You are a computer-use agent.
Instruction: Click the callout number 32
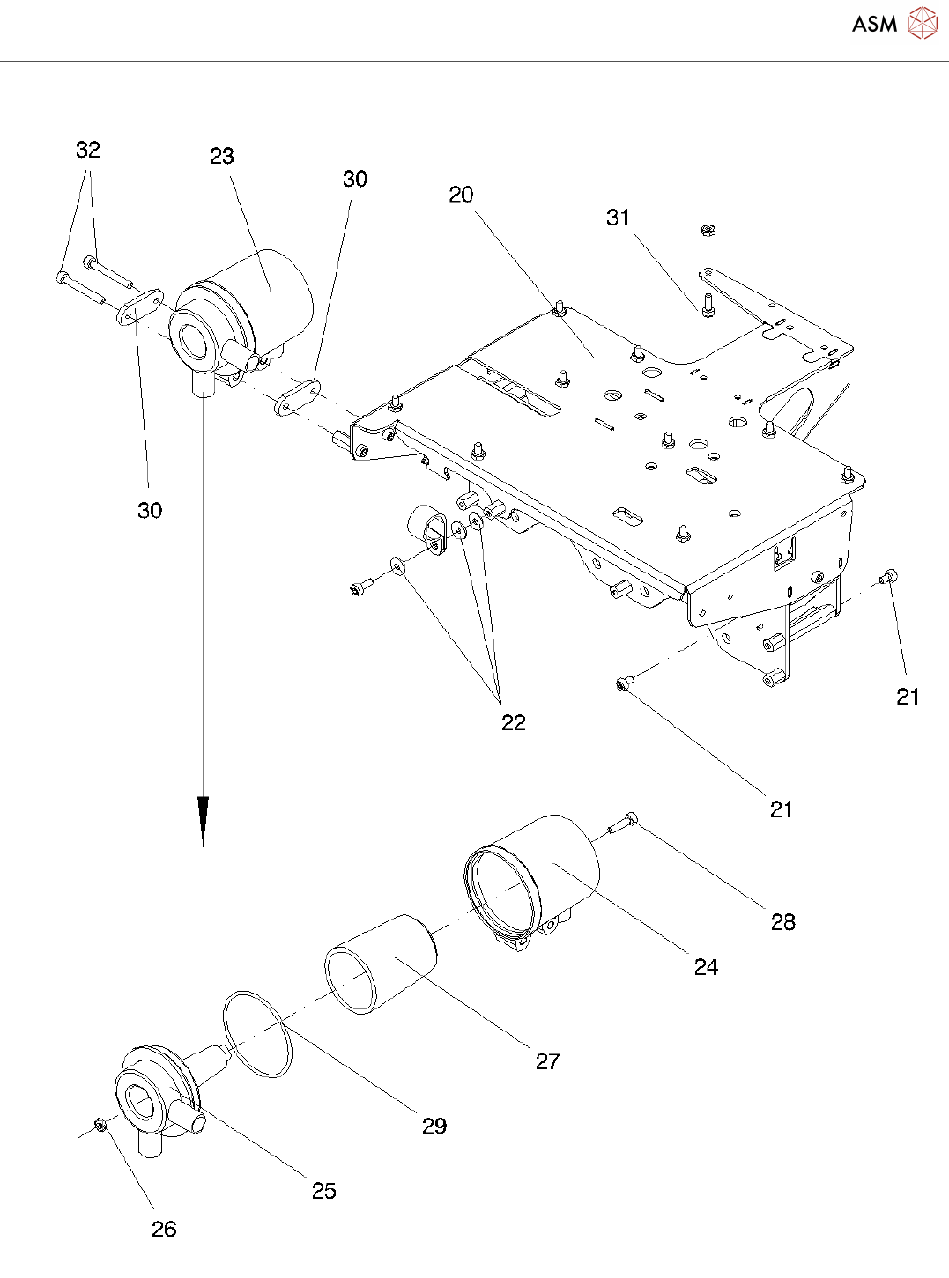(x=88, y=151)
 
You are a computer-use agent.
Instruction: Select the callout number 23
(x=222, y=157)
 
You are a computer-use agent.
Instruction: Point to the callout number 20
(x=461, y=196)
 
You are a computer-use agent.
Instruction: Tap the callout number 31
(x=619, y=218)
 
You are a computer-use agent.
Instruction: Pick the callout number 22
(x=513, y=723)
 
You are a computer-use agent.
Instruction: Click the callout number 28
(x=782, y=922)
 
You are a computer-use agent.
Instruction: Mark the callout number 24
(x=706, y=967)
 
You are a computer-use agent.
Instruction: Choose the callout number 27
(x=547, y=1061)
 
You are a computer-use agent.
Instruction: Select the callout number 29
(x=434, y=1126)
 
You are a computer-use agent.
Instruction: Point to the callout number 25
(x=324, y=1191)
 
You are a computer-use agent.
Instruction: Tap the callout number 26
(x=164, y=1230)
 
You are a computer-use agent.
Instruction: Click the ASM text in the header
(x=874, y=25)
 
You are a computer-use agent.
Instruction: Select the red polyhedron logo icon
(x=922, y=24)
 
